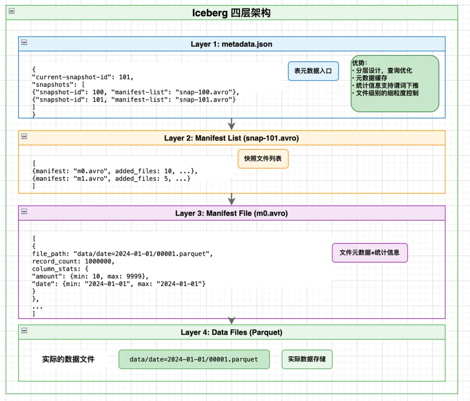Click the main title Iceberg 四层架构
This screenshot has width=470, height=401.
click(231, 13)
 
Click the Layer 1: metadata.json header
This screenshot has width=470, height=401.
click(231, 44)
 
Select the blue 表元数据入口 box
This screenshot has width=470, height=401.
click(313, 71)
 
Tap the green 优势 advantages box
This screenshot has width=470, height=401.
click(394, 84)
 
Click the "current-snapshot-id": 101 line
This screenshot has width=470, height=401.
click(83, 77)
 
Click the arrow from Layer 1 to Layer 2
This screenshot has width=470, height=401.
click(232, 124)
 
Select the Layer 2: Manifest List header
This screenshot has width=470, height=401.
click(231, 138)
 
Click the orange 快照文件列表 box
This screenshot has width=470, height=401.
click(263, 159)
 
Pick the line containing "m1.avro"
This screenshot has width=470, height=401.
click(111, 178)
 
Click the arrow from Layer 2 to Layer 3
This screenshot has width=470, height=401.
click(232, 199)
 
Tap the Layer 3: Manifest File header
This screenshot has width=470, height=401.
click(231, 213)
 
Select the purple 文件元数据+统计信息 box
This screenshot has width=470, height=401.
click(369, 252)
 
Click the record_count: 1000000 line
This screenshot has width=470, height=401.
click(73, 261)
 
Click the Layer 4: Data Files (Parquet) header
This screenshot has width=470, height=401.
click(231, 332)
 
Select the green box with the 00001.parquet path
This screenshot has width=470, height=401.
click(194, 359)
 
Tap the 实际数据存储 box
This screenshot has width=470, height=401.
click(306, 359)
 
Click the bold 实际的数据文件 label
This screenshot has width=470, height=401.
click(68, 359)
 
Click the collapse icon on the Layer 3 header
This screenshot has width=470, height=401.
click(24, 211)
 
